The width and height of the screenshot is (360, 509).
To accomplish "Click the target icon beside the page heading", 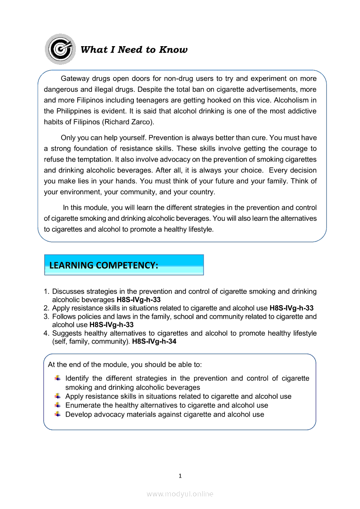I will point(60,49).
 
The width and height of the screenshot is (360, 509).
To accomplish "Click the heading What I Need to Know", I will point(134,50).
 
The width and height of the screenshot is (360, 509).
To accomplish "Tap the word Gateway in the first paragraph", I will point(75,79).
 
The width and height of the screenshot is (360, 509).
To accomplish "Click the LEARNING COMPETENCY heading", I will point(104,265).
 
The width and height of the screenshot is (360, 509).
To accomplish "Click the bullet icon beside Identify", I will point(58,378).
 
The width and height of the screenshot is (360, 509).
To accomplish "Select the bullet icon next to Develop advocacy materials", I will point(58,414).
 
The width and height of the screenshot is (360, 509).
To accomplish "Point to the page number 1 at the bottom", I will point(180,476).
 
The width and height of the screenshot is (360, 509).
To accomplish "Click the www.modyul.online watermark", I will point(180,494).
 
